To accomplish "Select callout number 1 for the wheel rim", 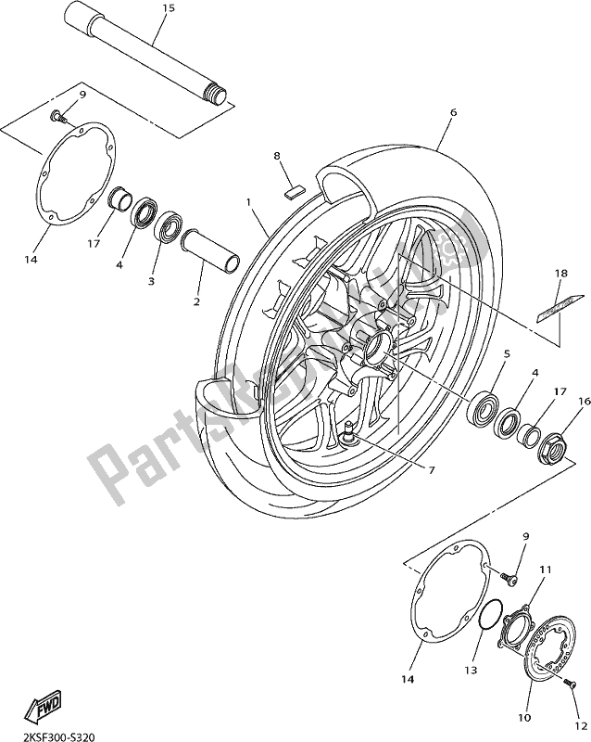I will (247, 201).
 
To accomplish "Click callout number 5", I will (506, 353).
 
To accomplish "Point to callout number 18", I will (560, 274).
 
